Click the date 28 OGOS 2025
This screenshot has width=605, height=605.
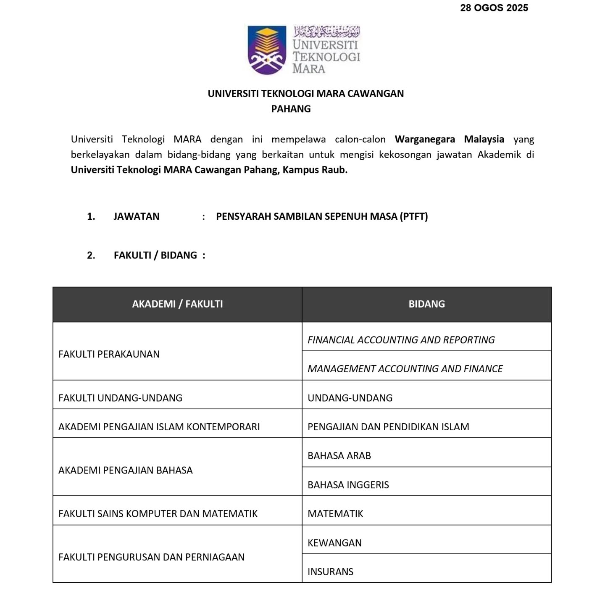point(494,8)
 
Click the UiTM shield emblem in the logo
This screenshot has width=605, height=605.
point(266,50)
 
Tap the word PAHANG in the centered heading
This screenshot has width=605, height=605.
point(291,109)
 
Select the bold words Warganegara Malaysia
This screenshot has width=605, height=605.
point(449,139)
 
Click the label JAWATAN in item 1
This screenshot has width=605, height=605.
point(136,216)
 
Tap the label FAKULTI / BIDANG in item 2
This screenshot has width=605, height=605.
point(155,255)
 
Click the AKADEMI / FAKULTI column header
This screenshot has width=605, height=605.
point(177,304)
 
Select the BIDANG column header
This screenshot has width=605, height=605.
point(426,304)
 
